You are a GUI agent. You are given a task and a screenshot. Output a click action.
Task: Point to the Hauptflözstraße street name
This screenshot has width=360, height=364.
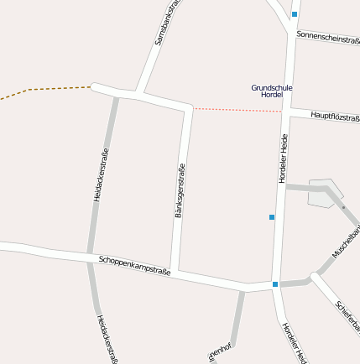pos(335,116)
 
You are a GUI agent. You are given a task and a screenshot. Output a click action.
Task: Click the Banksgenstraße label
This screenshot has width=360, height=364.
pos(179,191)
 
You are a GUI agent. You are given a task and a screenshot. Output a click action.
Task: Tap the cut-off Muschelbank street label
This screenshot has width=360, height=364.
pos(345,240)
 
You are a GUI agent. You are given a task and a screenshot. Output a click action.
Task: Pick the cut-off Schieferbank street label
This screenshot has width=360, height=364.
pos(347,315)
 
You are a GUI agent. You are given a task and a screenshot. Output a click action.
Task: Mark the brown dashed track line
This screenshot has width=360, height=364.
pos(50,89)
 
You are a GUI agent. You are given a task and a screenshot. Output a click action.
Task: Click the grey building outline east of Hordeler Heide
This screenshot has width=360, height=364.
pos(324,192)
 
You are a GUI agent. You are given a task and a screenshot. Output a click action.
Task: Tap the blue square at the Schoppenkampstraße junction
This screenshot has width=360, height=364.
pos(275,284)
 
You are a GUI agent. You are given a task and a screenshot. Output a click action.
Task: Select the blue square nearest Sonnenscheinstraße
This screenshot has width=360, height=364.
pos(295,14)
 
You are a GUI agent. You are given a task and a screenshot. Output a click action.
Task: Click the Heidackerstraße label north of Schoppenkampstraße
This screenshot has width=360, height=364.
pos(101,174)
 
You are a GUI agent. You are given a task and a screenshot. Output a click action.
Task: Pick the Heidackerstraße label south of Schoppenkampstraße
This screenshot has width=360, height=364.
pos(106,339)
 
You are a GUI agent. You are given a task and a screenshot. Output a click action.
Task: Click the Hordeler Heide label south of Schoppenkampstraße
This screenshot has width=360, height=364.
pos(292,342)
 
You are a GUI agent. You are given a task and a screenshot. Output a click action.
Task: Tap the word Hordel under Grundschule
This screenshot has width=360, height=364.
pos(272,96)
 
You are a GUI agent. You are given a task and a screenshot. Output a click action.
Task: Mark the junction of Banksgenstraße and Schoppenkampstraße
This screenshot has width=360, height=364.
pos(174,271)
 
